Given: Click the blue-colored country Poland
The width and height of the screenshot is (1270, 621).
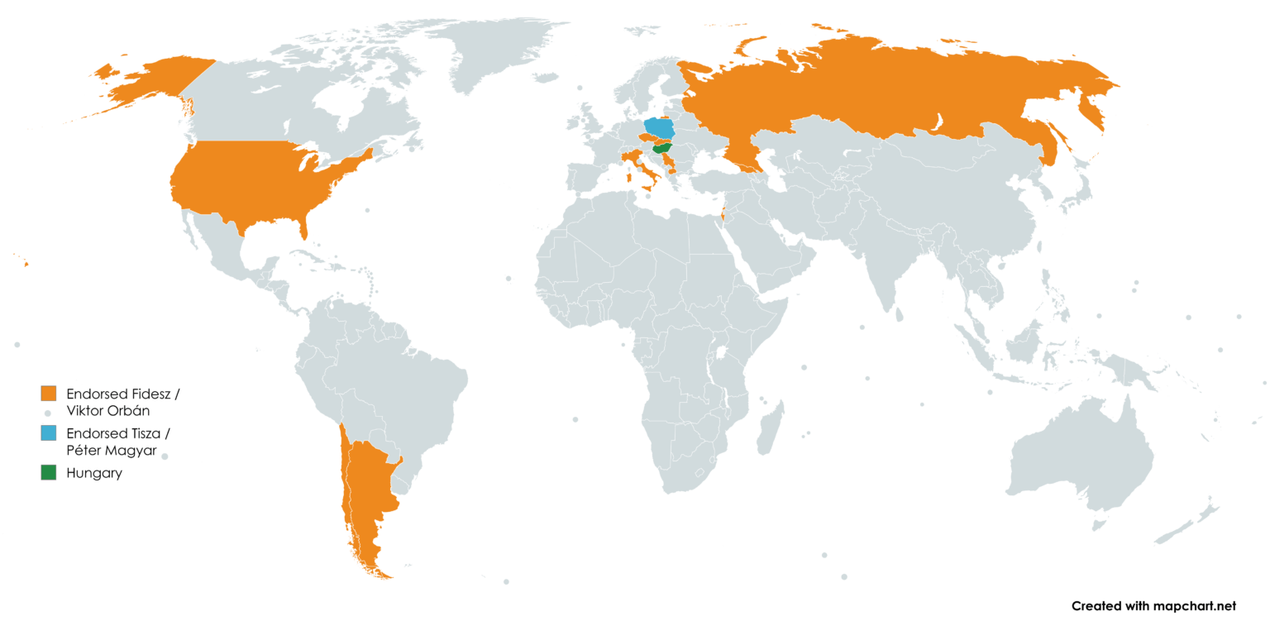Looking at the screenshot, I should click(659, 128).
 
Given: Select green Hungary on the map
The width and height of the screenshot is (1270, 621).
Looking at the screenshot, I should click(662, 149).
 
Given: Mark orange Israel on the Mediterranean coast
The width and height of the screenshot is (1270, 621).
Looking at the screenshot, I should click(723, 214).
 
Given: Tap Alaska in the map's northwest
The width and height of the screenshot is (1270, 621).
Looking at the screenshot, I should click(157, 79).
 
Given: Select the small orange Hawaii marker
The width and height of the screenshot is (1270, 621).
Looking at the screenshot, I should click(26, 264).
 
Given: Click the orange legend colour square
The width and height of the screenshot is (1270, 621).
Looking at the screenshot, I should click(49, 394).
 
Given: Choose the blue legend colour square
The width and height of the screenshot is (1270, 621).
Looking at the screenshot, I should click(49, 433).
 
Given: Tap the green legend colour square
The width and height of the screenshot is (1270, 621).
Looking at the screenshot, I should click(49, 473).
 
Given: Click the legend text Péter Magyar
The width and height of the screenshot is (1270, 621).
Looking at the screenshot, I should click(111, 451).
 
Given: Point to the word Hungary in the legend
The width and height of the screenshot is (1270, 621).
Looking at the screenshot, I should click(94, 474).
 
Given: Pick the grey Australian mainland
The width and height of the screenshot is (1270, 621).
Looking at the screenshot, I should click(1083, 463).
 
